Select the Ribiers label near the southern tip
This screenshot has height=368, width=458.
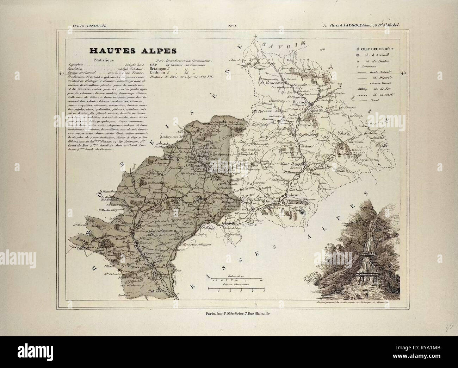tap(154, 292)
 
